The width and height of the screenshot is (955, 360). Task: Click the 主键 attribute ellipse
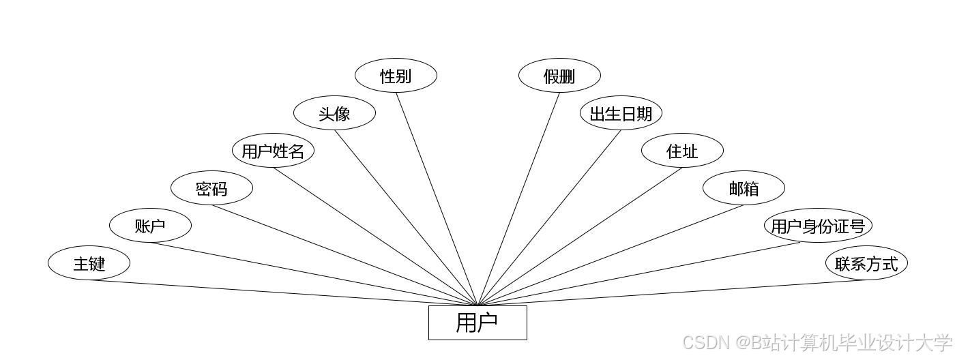[x=89, y=263]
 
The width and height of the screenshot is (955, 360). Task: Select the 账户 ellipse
[x=150, y=226]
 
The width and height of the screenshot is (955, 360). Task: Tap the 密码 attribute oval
[x=211, y=188]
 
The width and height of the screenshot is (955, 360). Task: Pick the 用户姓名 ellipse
[x=273, y=151]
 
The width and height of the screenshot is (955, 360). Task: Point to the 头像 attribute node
[x=334, y=113]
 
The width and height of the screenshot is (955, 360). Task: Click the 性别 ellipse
[x=396, y=76]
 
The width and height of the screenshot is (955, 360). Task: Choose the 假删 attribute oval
[x=559, y=76]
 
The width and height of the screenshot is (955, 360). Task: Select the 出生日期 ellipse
[x=621, y=113]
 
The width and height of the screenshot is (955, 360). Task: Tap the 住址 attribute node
[x=682, y=151]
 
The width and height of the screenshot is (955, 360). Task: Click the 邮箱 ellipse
[x=744, y=188]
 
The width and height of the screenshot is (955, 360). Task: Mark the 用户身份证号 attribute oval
[x=818, y=226]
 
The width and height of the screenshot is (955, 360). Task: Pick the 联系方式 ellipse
[x=866, y=263]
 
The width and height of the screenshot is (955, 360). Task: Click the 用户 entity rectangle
[x=477, y=322]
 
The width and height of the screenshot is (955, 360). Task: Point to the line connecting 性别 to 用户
[x=437, y=198]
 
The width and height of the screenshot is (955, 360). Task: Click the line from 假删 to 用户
[x=518, y=198]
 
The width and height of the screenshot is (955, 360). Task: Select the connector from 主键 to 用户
[x=283, y=292]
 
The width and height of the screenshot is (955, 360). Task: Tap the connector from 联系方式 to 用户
[x=672, y=292]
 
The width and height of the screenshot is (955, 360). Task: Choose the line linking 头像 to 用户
[x=406, y=217]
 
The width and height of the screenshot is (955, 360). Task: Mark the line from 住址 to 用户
[x=580, y=236]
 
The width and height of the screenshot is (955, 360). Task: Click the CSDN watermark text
[x=817, y=342]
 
